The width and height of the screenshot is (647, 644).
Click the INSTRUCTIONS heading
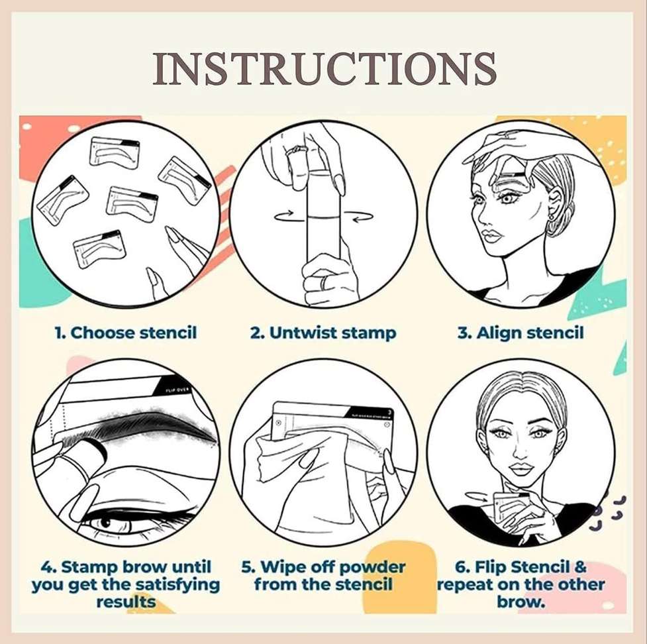[x=324, y=68]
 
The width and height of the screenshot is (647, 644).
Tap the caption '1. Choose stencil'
[x=125, y=332]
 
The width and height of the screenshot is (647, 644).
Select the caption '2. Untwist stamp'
[x=323, y=332]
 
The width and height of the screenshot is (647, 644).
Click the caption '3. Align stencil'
[x=521, y=332]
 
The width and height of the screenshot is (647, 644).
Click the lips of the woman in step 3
[x=491, y=236]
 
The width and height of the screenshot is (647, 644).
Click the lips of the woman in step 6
[x=521, y=468]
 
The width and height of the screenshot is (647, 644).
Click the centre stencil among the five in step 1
[x=132, y=203]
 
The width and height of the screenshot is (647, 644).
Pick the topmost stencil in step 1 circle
[x=115, y=152]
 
